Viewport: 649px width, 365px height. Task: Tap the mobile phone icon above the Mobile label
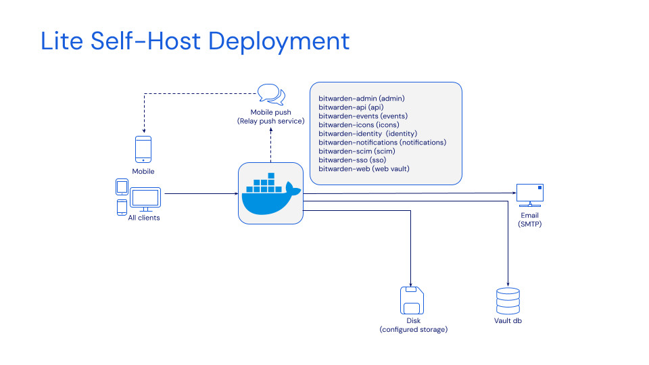tap(143, 150)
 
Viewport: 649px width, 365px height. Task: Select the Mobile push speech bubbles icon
tap(271, 94)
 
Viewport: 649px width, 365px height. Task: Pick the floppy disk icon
tap(412, 299)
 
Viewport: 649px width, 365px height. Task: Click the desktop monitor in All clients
tap(145, 199)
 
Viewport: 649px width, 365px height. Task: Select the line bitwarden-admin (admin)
tap(362, 99)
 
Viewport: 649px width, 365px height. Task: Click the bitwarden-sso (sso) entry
tap(352, 160)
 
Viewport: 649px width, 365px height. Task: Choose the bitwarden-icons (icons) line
tap(358, 125)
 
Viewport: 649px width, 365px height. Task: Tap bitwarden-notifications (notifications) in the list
tap(382, 143)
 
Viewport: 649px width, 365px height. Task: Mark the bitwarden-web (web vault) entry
tap(364, 169)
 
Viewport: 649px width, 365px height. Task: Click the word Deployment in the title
tap(279, 41)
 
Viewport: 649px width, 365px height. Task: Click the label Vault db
tap(508, 320)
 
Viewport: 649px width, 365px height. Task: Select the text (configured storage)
tap(413, 330)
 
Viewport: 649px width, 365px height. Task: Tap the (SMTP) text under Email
tap(529, 224)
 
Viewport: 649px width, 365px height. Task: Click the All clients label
tap(144, 218)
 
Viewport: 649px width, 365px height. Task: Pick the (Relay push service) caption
tap(270, 121)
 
